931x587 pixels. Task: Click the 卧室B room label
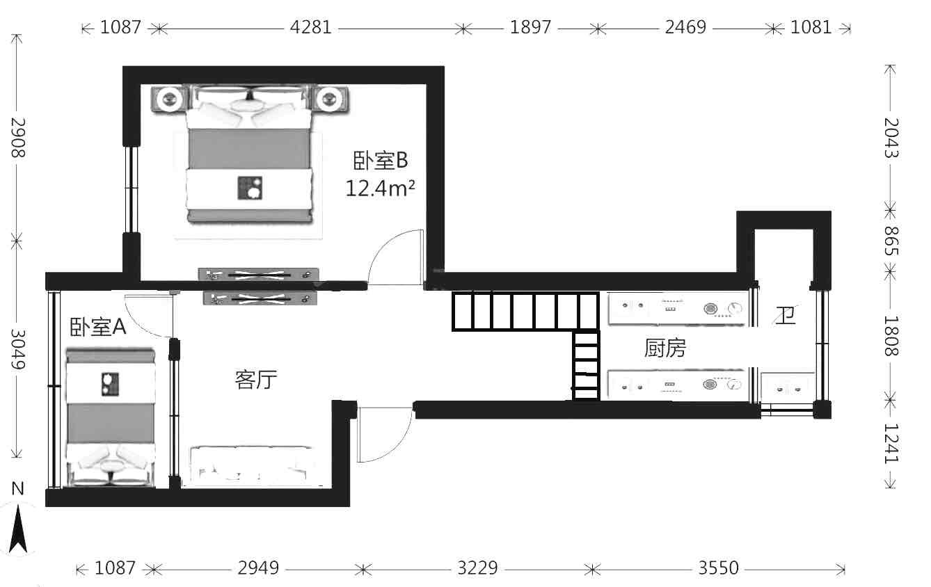coord(381,161)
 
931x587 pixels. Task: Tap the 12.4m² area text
coord(380,188)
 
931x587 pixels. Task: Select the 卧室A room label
coord(97,327)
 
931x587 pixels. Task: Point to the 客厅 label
coord(255,379)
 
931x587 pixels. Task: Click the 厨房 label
coord(665,348)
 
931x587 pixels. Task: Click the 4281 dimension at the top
coord(310,27)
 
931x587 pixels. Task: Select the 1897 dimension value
coord(530,27)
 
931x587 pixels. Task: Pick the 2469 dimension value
coord(685,27)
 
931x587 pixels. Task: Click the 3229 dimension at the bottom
coord(477,568)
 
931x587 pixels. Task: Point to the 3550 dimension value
coord(718,568)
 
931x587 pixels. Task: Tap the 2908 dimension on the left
coord(18,138)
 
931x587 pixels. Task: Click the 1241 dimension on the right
coord(891,443)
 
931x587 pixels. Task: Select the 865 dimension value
coord(891,241)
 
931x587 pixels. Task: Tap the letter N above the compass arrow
coord(17,489)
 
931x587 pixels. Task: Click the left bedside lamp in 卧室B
coord(168,99)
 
